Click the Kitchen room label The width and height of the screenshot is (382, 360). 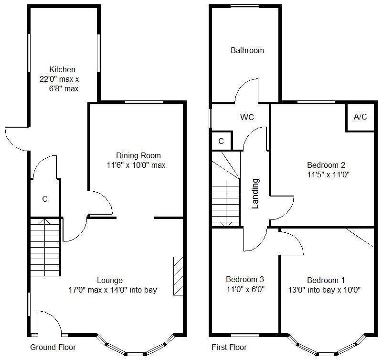tap(62, 69)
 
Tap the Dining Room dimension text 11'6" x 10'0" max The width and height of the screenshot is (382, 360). tap(136, 165)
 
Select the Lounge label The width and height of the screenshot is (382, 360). tap(110, 281)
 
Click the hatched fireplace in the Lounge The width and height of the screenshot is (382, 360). tap(178, 276)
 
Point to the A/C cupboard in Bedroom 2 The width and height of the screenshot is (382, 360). tap(361, 117)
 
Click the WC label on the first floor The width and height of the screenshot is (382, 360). tap(247, 117)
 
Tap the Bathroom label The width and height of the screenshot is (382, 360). tap(247, 51)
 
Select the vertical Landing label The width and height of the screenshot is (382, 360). tap(255, 194)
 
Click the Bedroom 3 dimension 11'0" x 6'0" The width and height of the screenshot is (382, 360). tap(245, 290)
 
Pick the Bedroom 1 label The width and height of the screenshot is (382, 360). tap(326, 281)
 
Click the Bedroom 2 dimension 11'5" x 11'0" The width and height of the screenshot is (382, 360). tap(328, 175)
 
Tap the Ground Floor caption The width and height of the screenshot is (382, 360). tap(53, 347)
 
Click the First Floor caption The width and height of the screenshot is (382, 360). tap(229, 347)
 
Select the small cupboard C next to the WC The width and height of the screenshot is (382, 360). tap(221, 141)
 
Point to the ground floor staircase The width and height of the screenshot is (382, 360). tap(45, 247)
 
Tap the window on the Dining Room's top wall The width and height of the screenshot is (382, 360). tap(144, 102)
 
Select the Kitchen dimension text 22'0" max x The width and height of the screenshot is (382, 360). tap(59, 79)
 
